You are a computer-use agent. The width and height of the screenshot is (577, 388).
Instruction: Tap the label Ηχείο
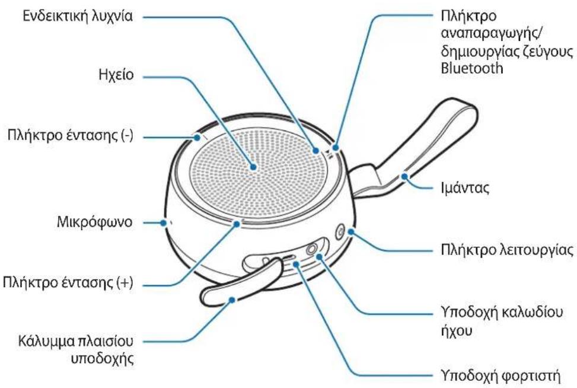point(116,75)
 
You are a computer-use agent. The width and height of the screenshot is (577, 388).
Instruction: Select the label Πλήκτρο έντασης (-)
point(71,136)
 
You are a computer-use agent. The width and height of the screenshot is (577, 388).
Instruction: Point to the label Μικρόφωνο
point(94,222)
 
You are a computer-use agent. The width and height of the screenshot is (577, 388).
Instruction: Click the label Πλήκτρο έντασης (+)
point(68,283)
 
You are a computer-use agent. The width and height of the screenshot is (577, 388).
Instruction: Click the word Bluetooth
point(472,68)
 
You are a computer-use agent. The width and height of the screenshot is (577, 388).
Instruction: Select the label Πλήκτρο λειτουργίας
point(507,250)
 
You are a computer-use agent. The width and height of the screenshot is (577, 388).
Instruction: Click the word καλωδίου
point(532,313)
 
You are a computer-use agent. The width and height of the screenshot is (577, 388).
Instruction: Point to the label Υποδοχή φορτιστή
point(501,376)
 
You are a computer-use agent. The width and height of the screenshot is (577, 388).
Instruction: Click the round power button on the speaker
point(339,233)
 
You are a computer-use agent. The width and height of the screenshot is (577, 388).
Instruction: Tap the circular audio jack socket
point(312,249)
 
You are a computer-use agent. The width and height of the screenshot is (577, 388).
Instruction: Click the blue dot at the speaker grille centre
point(254,167)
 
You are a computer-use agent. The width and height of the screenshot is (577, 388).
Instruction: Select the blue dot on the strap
point(405,176)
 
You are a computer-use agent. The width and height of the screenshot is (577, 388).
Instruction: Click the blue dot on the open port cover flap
point(232,300)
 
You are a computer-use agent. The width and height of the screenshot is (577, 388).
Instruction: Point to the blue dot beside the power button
point(350,232)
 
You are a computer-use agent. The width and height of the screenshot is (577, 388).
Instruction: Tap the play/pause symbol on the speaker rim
point(328,153)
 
